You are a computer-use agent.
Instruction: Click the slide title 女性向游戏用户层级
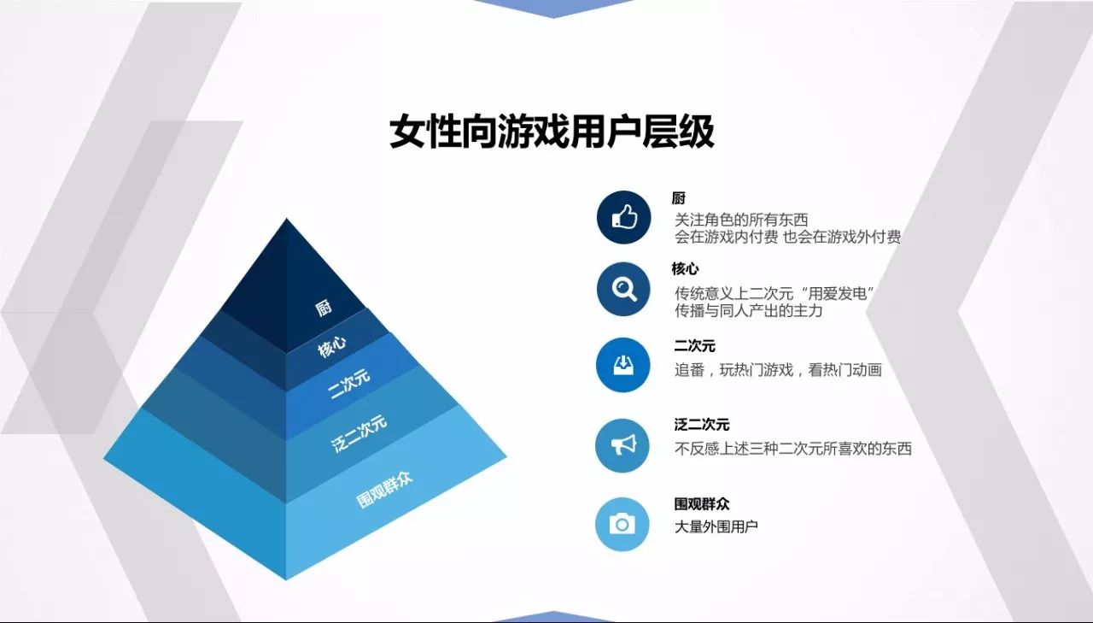[552, 132]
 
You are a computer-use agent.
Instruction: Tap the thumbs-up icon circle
[623, 217]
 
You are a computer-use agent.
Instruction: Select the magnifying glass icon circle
[623, 289]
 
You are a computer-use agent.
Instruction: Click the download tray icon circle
[623, 365]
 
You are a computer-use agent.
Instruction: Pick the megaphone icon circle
[622, 445]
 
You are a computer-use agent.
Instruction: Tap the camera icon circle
[622, 525]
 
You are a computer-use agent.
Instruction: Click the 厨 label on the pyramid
[323, 309]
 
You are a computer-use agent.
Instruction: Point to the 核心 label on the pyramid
[332, 347]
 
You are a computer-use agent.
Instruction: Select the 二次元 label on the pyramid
[349, 384]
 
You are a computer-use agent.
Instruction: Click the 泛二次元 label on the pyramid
[359, 433]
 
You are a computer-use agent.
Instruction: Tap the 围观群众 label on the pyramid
[384, 490]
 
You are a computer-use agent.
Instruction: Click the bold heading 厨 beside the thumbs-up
[679, 198]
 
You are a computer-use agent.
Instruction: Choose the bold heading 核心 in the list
[685, 268]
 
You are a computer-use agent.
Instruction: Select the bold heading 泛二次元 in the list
[702, 424]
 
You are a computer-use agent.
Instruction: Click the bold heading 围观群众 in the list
[702, 503]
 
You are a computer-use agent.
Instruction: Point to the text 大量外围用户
[716, 526]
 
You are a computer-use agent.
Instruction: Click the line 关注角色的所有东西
[741, 220]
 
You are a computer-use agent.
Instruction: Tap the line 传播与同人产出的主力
[749, 310]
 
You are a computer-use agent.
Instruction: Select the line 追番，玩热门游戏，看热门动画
[778, 370]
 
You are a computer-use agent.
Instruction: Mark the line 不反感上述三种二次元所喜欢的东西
[793, 448]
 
